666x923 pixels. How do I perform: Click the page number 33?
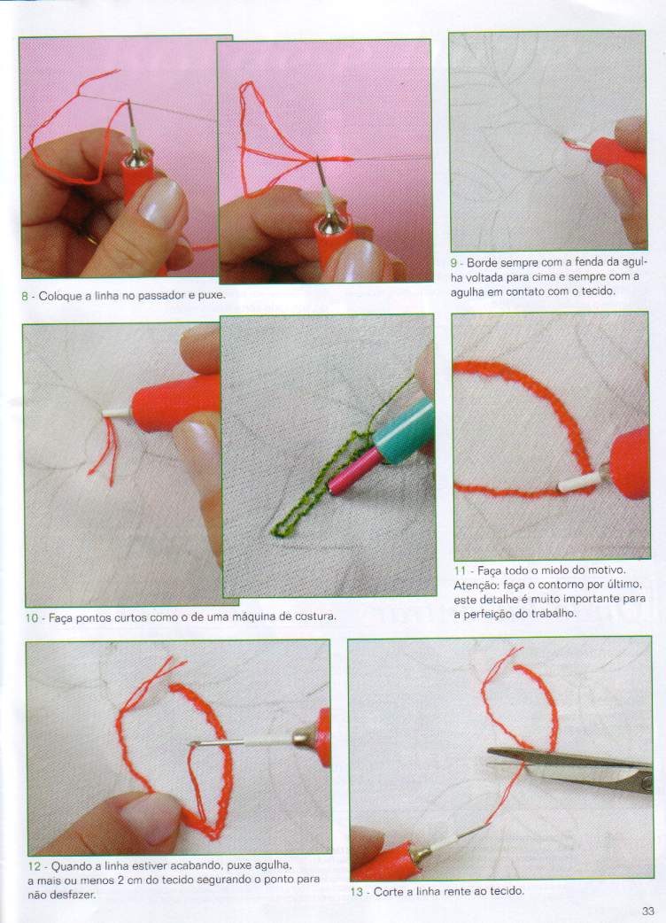(x=647, y=911)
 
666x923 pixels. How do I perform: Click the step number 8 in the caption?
(x=25, y=296)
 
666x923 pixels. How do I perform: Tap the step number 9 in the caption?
(x=453, y=262)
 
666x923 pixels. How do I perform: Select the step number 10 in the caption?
(x=31, y=617)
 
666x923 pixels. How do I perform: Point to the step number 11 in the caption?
(x=460, y=570)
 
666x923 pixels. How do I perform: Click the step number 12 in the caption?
(x=35, y=866)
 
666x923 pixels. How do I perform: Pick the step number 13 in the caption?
(x=357, y=891)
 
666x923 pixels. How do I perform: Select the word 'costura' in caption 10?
(x=316, y=617)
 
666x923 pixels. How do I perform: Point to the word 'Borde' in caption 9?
(x=482, y=262)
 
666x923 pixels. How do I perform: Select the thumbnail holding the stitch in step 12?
(x=149, y=818)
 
